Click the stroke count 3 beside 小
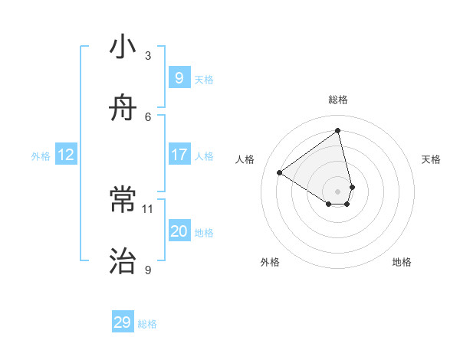click(148, 55)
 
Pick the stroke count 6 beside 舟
click(148, 116)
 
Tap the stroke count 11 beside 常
click(148, 208)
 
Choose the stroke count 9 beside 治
click(148, 270)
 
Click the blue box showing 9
click(179, 77)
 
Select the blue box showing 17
click(179, 155)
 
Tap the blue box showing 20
click(179, 231)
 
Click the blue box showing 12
click(66, 155)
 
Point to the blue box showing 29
click(123, 322)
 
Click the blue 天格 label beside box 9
click(204, 79)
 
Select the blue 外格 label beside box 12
click(41, 156)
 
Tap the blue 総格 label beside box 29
click(147, 324)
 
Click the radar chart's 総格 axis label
click(338, 100)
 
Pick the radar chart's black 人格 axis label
click(245, 159)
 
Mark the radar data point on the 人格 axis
click(280, 172)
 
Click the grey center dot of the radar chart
click(338, 191)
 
